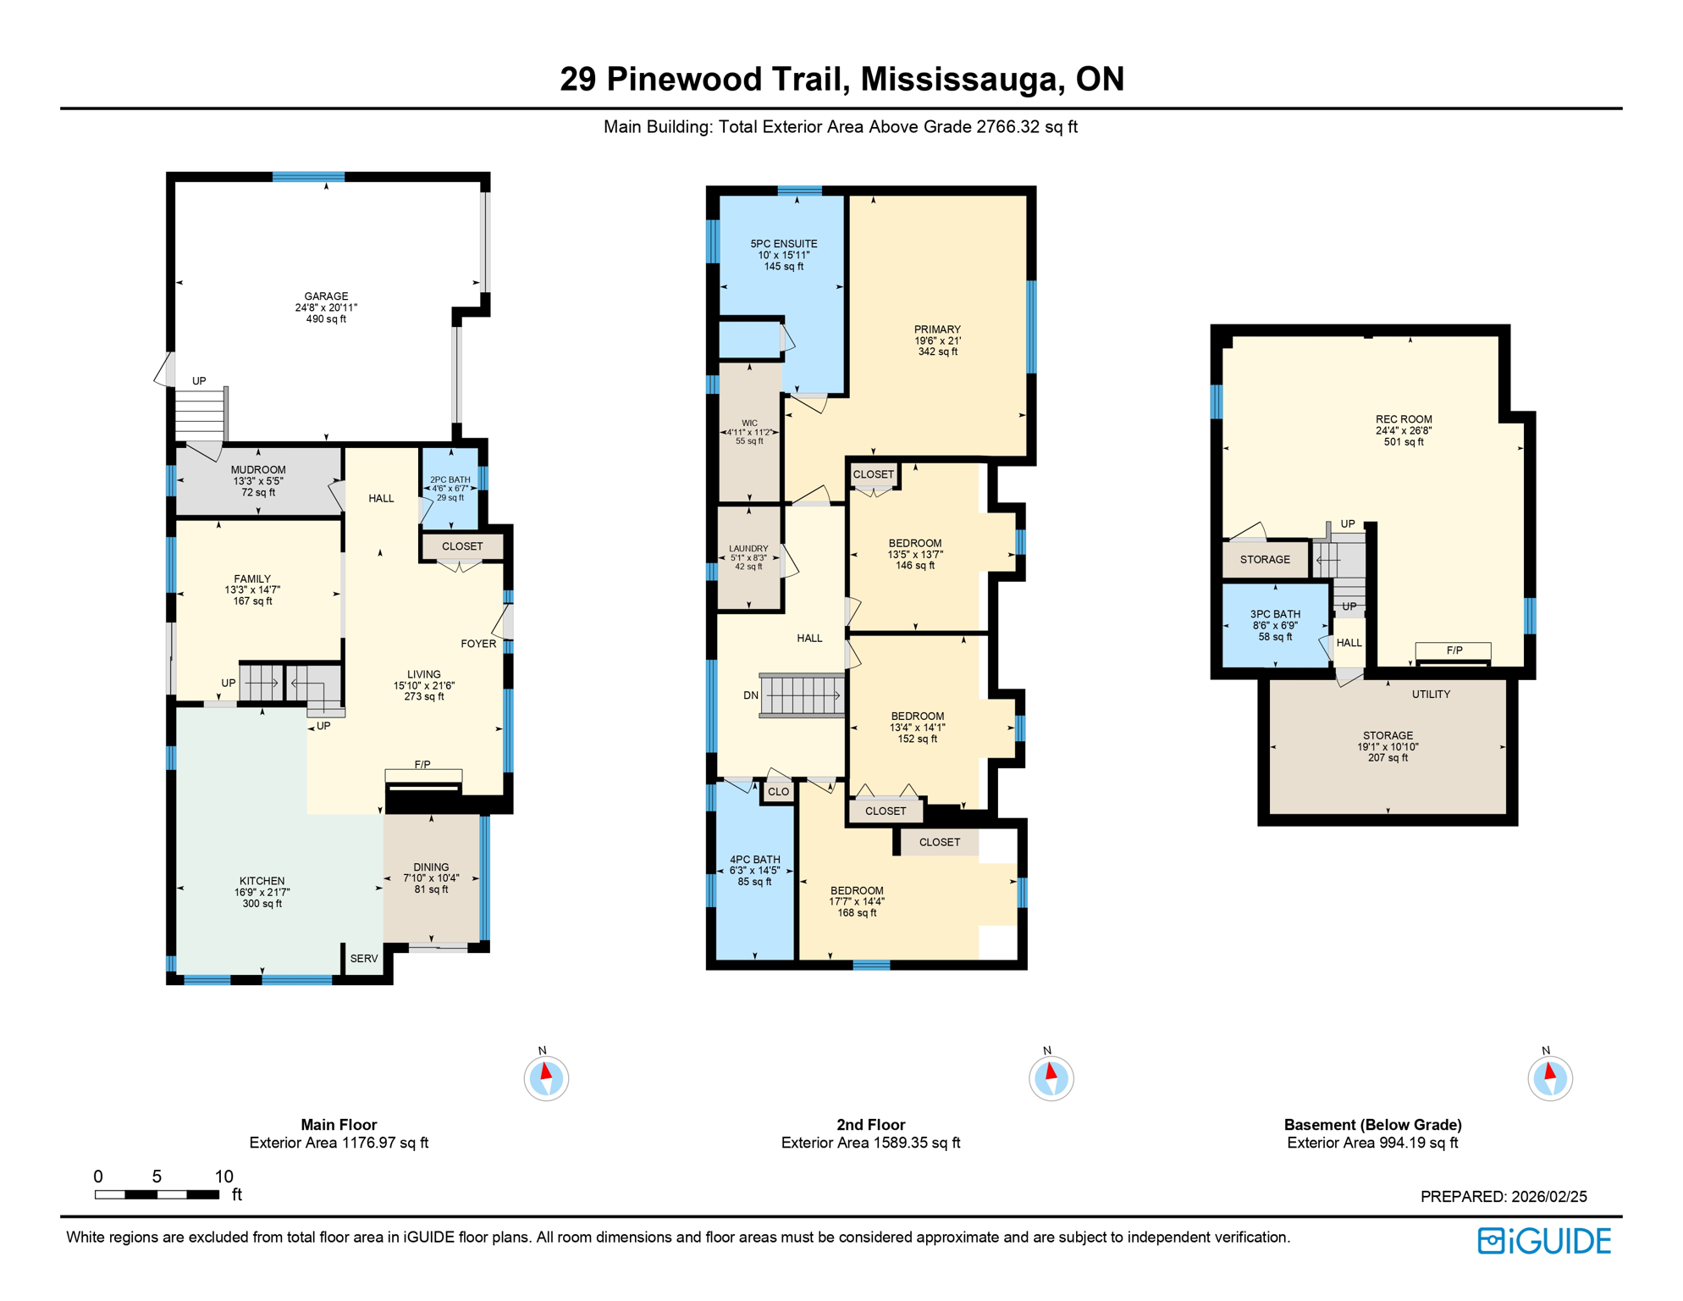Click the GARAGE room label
[326, 297]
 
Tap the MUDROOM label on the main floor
[258, 470]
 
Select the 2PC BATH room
[450, 489]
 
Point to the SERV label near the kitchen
[364, 959]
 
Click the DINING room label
[431, 867]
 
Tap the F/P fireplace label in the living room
[422, 765]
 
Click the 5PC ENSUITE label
[784, 244]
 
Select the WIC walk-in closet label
[749, 424]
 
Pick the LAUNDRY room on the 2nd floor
[748, 549]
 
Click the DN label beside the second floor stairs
[751, 695]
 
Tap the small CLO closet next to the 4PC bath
[778, 792]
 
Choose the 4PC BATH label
[755, 860]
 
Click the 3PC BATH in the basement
[1275, 615]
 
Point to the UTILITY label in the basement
[1431, 695]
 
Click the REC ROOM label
[1404, 419]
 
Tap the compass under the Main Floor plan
[546, 1078]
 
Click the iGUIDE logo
[1544, 1241]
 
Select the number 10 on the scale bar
[223, 1176]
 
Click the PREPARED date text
[1504, 1196]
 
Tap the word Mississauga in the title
[960, 79]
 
